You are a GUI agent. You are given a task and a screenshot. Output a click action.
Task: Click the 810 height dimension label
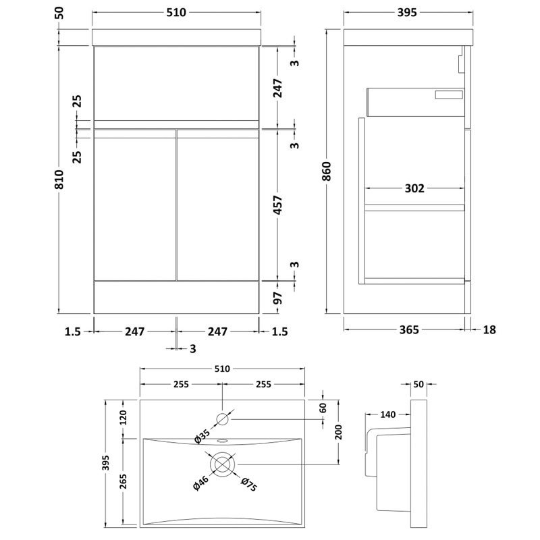click(59, 179)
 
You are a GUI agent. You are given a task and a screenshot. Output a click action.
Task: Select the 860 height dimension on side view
click(327, 173)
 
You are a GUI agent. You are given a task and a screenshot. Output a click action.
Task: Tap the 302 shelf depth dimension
click(414, 188)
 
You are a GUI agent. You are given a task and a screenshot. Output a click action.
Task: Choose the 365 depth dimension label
click(408, 330)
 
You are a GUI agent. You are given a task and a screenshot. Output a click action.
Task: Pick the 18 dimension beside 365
click(490, 330)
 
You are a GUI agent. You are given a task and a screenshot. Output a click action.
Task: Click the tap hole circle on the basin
click(223, 419)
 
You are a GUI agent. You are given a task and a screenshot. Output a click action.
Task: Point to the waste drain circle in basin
click(223, 464)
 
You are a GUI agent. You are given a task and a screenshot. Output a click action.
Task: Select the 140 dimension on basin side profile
click(387, 414)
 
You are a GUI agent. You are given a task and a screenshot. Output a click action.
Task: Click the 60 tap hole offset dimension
click(323, 407)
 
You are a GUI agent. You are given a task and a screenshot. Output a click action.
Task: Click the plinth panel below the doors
click(176, 297)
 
